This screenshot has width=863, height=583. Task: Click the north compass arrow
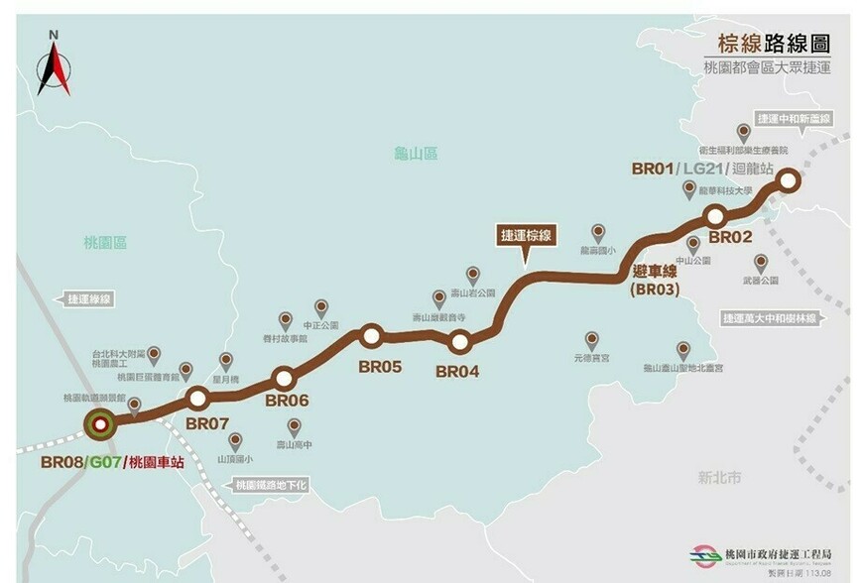pyautogui.click(x=54, y=63)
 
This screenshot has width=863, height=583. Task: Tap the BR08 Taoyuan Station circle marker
pyautogui.click(x=99, y=425)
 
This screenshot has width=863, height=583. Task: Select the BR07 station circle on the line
pyautogui.click(x=197, y=398)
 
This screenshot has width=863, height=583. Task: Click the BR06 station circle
pyautogui.click(x=285, y=377)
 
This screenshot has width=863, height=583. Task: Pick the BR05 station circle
pyautogui.click(x=372, y=336)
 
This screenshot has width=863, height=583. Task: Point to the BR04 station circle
pyautogui.click(x=459, y=343)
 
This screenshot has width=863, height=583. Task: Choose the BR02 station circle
pyautogui.click(x=715, y=215)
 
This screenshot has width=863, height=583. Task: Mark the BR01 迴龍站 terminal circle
pyautogui.click(x=789, y=180)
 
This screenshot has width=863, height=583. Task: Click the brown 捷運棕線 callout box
pyautogui.click(x=527, y=236)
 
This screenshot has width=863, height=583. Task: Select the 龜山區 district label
pyautogui.click(x=416, y=154)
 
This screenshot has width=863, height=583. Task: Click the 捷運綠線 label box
pyautogui.click(x=86, y=296)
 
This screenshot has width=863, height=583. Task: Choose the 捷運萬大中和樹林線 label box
pyautogui.click(x=770, y=318)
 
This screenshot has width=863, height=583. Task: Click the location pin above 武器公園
pyautogui.click(x=761, y=263)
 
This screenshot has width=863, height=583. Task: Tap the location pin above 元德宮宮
pyautogui.click(x=592, y=340)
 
